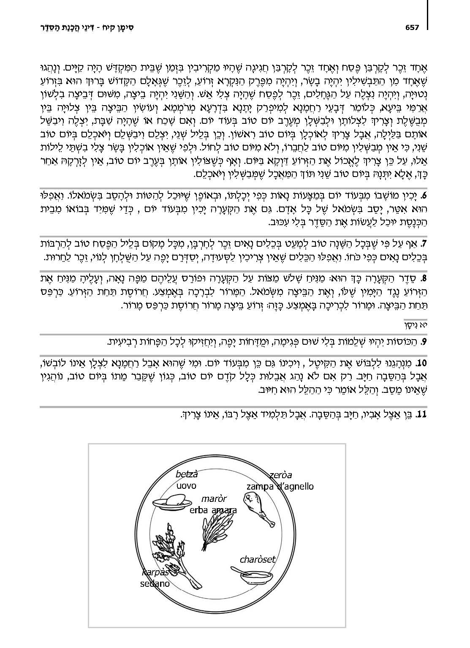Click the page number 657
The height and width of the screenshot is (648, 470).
[x=412, y=27]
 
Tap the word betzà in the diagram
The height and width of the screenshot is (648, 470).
[x=186, y=474]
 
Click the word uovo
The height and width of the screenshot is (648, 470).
[x=186, y=486]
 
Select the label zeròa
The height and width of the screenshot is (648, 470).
[x=281, y=474]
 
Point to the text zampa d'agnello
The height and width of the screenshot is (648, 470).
[x=280, y=487]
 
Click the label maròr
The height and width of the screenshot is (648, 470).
[x=214, y=499]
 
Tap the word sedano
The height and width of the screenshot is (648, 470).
[x=155, y=584]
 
